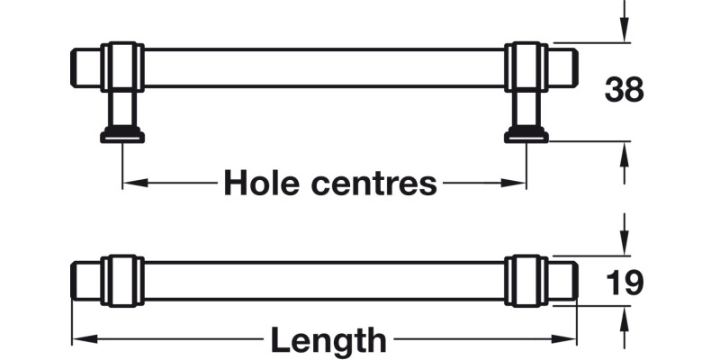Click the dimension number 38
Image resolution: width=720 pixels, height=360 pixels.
[624, 90]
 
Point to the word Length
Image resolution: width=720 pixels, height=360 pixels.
[328, 340]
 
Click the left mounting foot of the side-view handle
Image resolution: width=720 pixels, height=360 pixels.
[122, 134]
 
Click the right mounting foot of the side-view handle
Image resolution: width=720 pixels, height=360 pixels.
[526, 134]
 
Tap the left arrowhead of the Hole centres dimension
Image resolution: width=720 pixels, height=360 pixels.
[131, 183]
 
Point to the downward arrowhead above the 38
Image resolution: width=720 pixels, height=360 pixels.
[624, 32]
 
